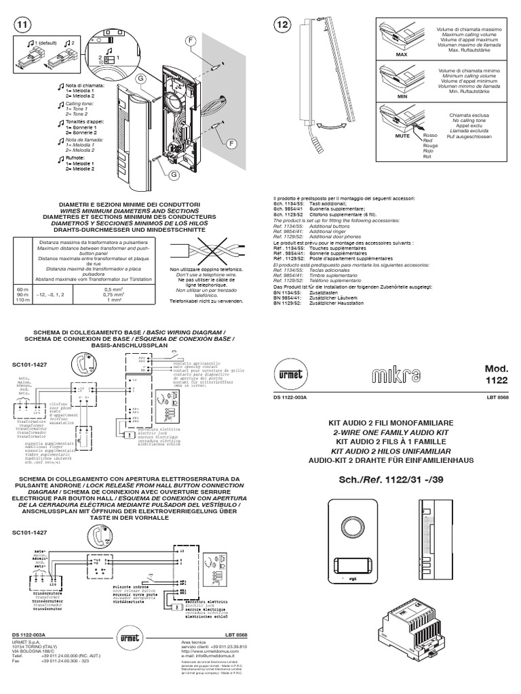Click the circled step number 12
tap(282, 25)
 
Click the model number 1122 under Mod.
tap(496, 382)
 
